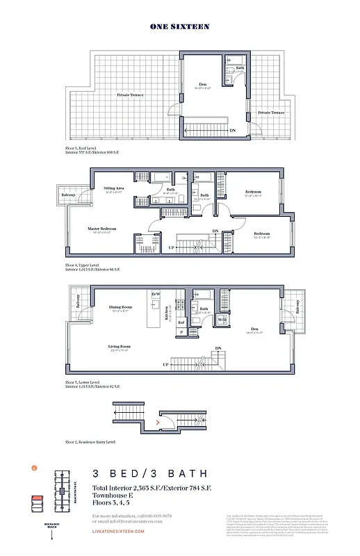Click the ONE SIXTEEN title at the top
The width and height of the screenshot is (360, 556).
click(179, 26)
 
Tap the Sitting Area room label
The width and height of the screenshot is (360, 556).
click(114, 188)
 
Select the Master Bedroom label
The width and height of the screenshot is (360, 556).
click(101, 228)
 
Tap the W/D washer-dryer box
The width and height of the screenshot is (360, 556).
click(222, 320)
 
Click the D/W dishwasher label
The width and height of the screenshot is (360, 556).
click(156, 295)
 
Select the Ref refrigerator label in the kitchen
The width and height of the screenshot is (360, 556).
click(181, 322)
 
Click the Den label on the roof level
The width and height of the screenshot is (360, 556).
click(204, 85)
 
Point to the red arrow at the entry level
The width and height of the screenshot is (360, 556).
click(159, 421)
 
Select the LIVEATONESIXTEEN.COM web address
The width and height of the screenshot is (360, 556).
click(118, 531)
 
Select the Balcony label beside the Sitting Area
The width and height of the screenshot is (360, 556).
click(68, 195)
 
